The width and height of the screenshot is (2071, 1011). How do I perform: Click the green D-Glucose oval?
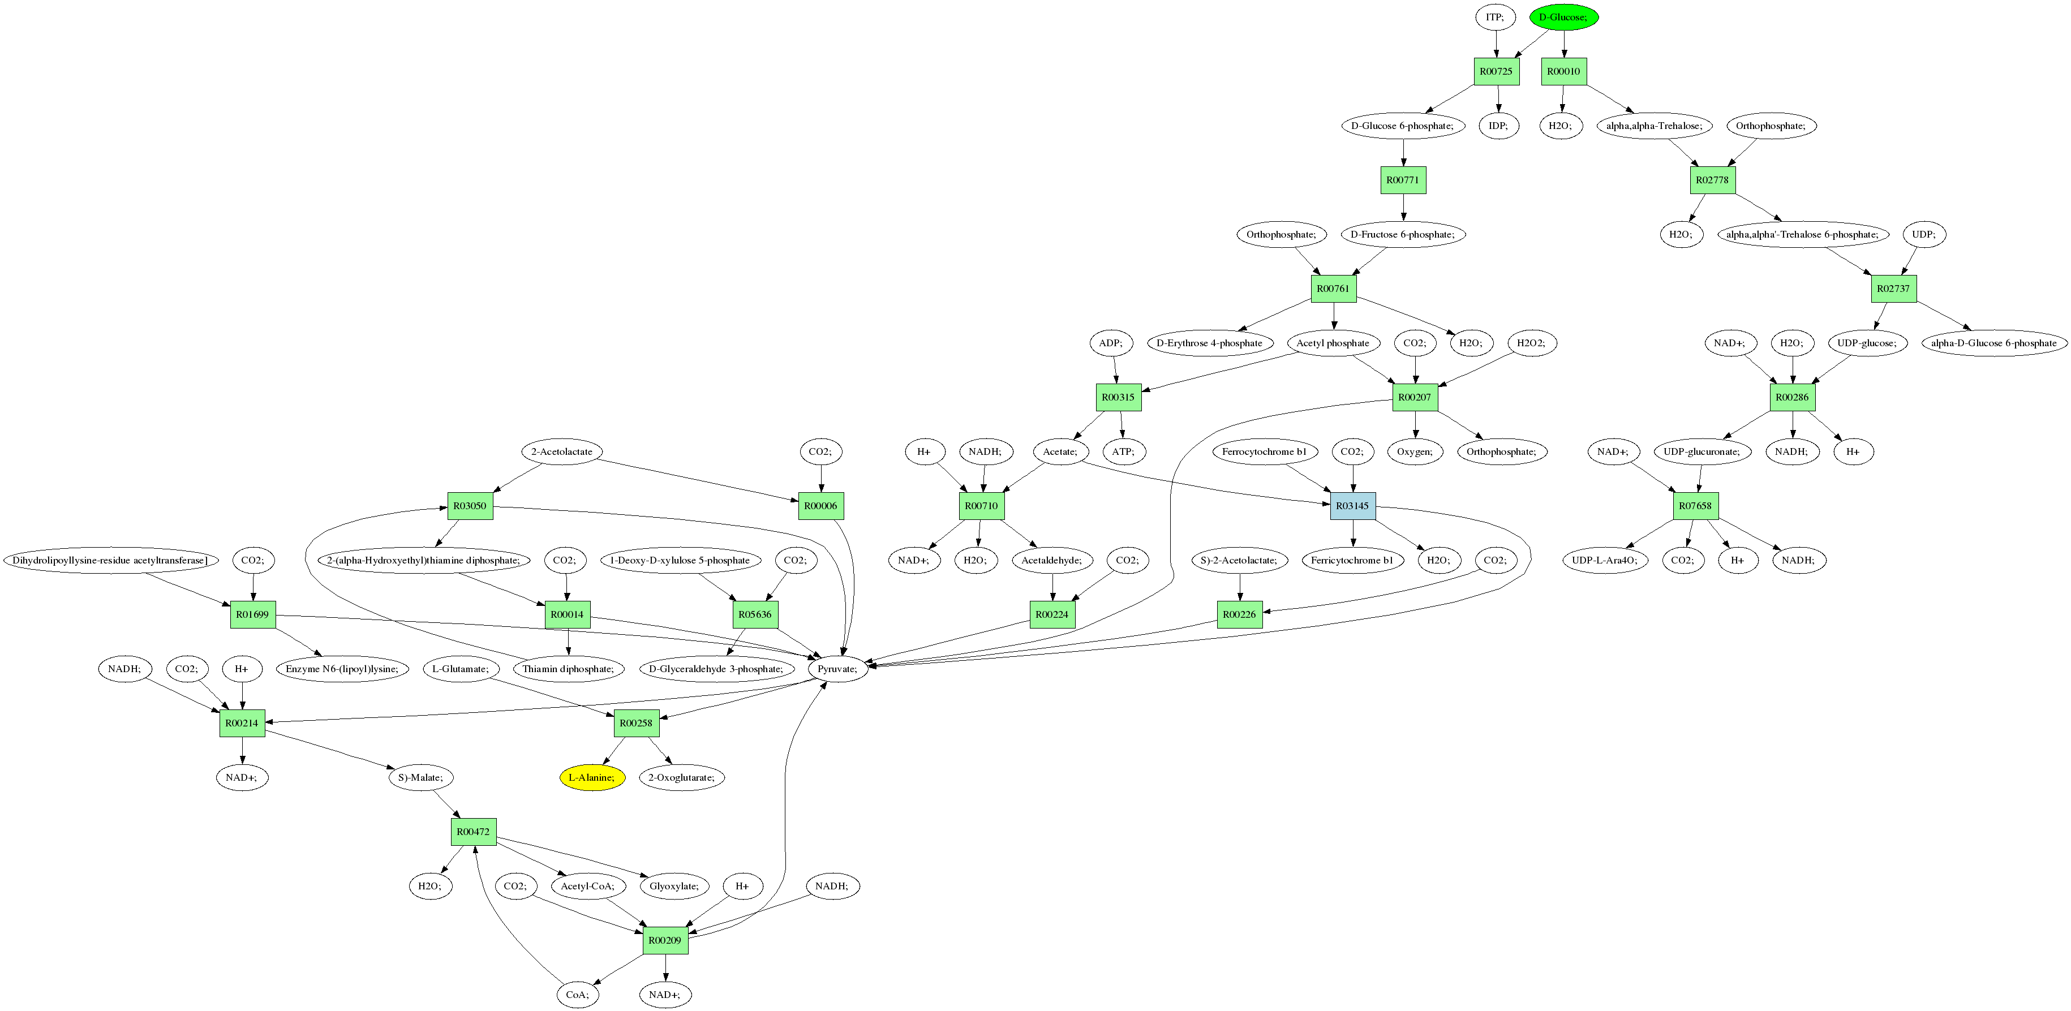(x=1563, y=17)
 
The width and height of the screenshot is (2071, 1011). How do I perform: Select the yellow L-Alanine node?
(x=592, y=777)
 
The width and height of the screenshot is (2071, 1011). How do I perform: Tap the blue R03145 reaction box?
(x=1352, y=506)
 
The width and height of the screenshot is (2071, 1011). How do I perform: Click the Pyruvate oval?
(x=837, y=669)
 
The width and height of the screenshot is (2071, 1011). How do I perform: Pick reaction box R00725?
(x=1496, y=71)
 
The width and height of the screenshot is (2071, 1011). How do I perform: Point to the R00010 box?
(x=1563, y=71)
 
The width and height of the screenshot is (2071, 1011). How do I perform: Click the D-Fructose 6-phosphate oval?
(x=1403, y=235)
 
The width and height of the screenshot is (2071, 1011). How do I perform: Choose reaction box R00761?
(x=1333, y=289)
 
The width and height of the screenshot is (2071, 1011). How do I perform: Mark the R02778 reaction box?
(x=1712, y=180)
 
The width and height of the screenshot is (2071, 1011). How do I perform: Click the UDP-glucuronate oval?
(x=1701, y=451)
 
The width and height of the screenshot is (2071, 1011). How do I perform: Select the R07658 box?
(x=1695, y=506)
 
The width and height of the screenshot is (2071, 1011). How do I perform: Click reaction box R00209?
(x=665, y=940)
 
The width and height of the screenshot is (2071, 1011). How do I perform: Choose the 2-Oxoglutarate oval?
(x=682, y=777)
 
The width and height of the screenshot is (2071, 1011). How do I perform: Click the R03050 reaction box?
(x=470, y=506)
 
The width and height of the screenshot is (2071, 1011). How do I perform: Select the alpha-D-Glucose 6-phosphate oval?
(x=1994, y=343)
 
